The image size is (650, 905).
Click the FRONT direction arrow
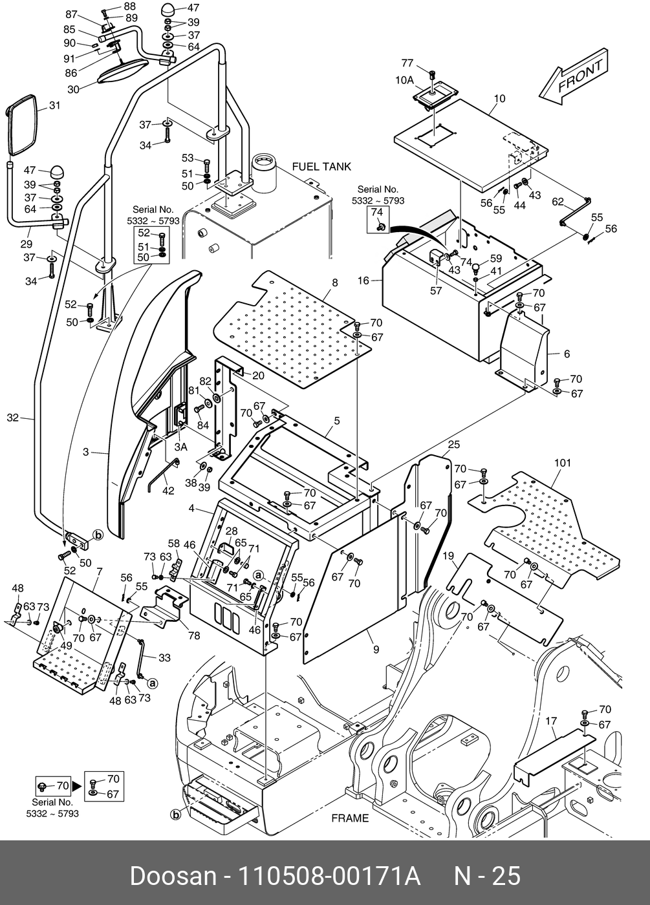[x=573, y=76]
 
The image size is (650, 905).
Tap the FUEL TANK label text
[x=321, y=167]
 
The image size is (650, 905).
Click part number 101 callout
[x=563, y=463]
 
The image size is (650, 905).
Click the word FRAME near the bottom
[x=350, y=818]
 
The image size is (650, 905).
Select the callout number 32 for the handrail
[x=13, y=418]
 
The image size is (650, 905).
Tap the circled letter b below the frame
[x=175, y=815]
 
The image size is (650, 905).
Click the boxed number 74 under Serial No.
[x=377, y=213]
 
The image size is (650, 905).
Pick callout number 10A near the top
[x=404, y=80]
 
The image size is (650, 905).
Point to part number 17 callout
[x=551, y=721]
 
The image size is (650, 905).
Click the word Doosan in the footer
[x=173, y=877]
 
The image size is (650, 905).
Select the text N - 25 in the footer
[x=487, y=877]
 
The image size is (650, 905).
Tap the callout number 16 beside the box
[x=363, y=281]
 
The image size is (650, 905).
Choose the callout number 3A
[x=181, y=446]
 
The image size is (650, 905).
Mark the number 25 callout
[x=453, y=444]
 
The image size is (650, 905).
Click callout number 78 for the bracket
[x=194, y=635]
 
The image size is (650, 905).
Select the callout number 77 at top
[x=407, y=63]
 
